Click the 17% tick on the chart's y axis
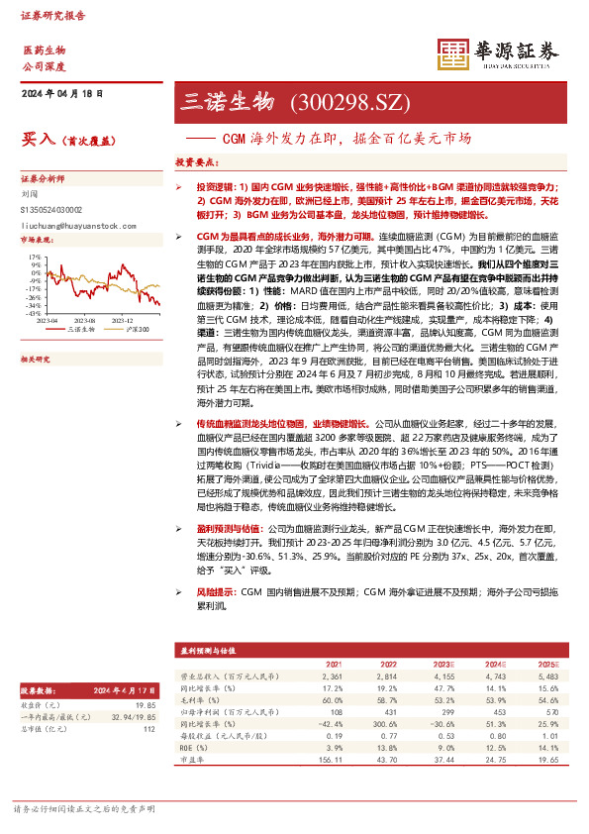click(35, 256)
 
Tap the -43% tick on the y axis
click(34, 313)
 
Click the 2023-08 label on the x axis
click(83, 320)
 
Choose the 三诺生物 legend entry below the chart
click(80, 329)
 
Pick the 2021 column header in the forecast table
click(333, 663)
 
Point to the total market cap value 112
click(149, 728)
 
